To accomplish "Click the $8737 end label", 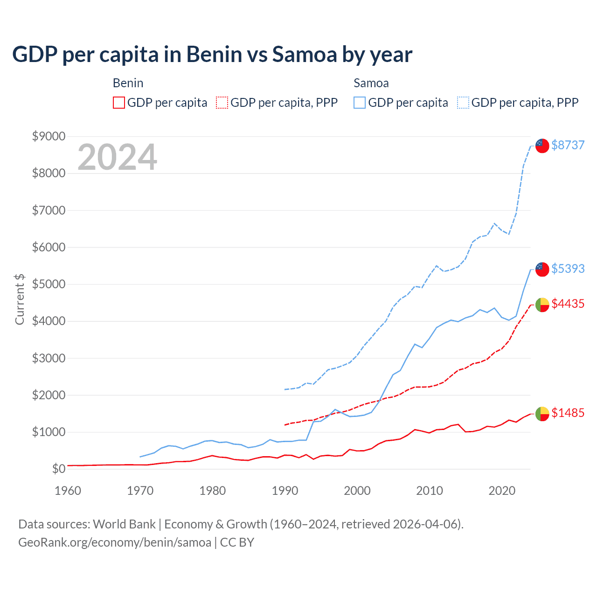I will pyautogui.click(x=568, y=145).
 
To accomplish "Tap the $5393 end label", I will pyautogui.click(x=568, y=269).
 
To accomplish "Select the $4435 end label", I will pyautogui.click(x=568, y=304).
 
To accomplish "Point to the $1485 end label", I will pyautogui.click(x=568, y=413).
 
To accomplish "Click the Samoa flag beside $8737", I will pyautogui.click(x=542, y=146).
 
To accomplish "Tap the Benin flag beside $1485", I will pyautogui.click(x=542, y=414).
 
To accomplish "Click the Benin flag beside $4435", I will pyautogui.click(x=542, y=305).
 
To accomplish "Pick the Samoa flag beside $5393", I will pyautogui.click(x=542, y=269).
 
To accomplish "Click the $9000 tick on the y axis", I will pyautogui.click(x=49, y=136).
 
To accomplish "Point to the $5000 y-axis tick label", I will pyautogui.click(x=49, y=284).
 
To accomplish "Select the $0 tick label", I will pyautogui.click(x=58, y=469).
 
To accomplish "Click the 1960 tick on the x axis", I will pyautogui.click(x=68, y=491).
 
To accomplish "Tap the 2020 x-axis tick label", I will pyautogui.click(x=502, y=491).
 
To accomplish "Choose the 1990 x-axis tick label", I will pyautogui.click(x=285, y=491).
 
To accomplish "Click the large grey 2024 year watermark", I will pyautogui.click(x=117, y=157).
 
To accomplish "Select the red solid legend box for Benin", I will pyautogui.click(x=119, y=103).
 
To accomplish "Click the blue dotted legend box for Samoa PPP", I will pyautogui.click(x=463, y=103).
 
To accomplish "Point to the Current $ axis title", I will pyautogui.click(x=20, y=299).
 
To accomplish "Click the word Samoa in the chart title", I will pyautogui.click(x=305, y=55).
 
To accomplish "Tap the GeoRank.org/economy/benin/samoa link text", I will pyautogui.click(x=115, y=542).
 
